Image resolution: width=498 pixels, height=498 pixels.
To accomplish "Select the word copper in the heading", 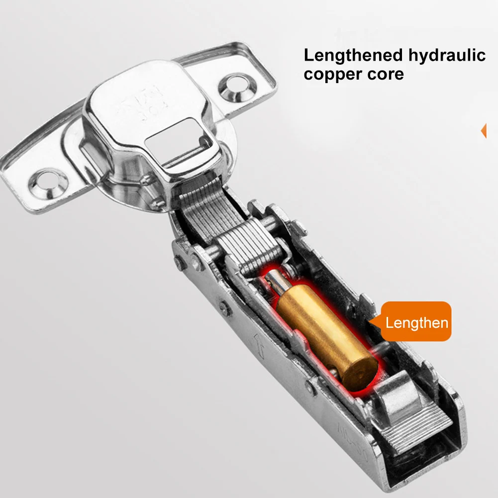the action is [x=330, y=74].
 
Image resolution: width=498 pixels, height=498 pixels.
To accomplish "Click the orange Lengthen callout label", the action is [x=417, y=322].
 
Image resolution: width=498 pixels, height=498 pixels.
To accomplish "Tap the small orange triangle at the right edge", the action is [x=483, y=131].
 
